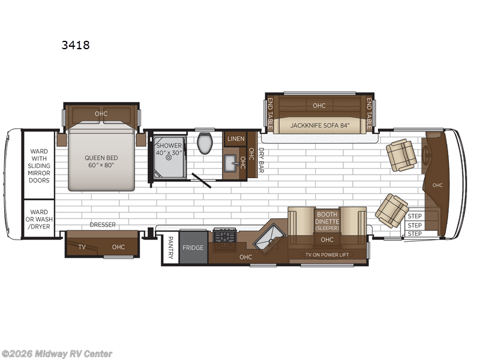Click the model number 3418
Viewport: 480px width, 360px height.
[76, 44]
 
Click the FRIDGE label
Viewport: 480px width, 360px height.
[193, 248]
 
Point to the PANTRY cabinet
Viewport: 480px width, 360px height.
[170, 248]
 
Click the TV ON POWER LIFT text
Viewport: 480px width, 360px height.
[327, 254]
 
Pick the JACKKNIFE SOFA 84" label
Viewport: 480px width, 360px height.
[315, 125]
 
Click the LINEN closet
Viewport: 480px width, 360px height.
[235, 139]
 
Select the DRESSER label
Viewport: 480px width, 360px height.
[103, 224]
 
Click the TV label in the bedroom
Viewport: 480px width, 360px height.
[82, 247]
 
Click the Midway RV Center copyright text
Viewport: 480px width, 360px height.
[57, 354]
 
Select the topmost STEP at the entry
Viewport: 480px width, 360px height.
[415, 216]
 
